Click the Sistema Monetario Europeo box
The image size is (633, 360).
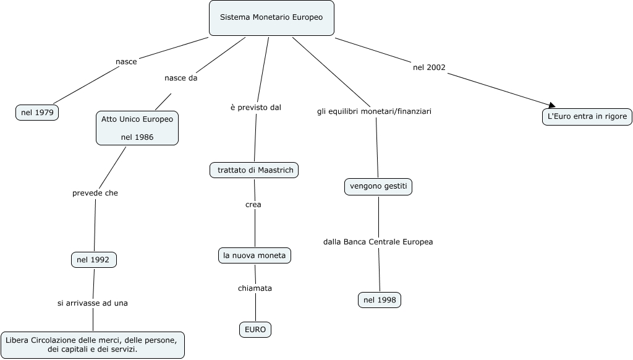point(271,17)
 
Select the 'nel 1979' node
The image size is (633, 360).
point(37,113)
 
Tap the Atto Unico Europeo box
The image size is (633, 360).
point(137,128)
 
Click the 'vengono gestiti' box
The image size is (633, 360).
point(378,186)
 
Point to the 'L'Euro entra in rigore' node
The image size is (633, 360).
point(587,116)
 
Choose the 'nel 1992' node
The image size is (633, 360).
point(93,260)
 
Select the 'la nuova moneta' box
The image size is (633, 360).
point(255,255)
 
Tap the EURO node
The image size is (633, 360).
point(255,330)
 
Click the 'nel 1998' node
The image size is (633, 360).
point(380,300)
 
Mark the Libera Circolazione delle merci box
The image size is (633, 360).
point(92,345)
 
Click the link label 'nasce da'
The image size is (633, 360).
point(181,79)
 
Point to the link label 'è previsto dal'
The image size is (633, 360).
point(255,107)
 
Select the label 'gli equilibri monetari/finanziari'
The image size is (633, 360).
point(374,111)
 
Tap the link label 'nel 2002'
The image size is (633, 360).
point(429,67)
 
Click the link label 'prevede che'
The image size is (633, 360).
point(95,193)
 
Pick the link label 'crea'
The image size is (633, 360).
point(253,204)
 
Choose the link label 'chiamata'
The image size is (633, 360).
point(255,288)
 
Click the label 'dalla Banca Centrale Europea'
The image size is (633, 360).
point(378,241)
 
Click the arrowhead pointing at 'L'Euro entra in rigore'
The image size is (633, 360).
point(551,106)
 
